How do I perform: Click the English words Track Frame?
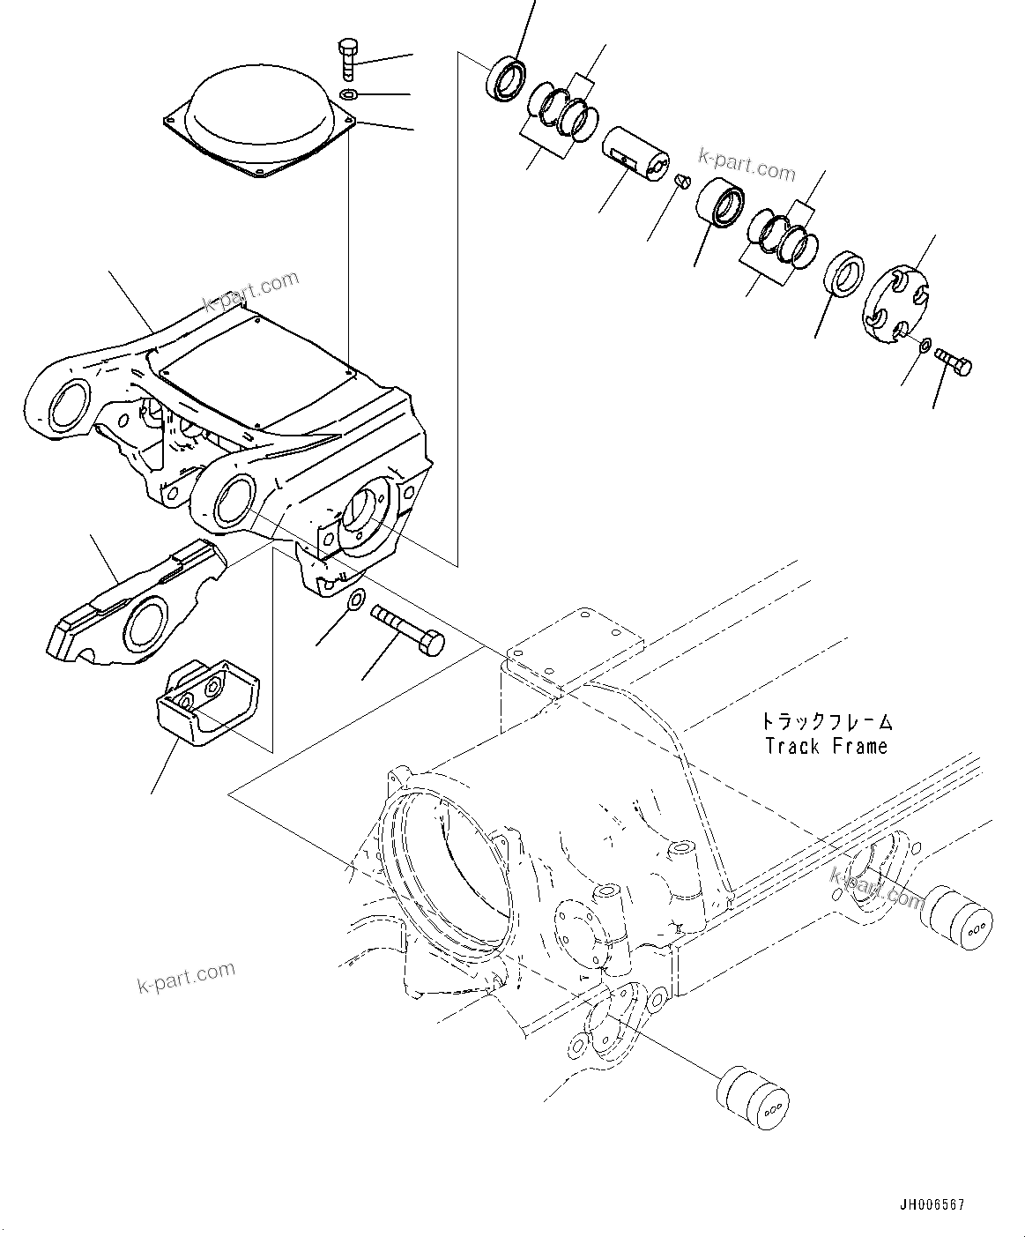click(x=826, y=747)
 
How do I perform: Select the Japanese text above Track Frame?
click(x=827, y=722)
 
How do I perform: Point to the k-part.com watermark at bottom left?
click(x=186, y=976)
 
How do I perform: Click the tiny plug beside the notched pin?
click(x=680, y=181)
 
